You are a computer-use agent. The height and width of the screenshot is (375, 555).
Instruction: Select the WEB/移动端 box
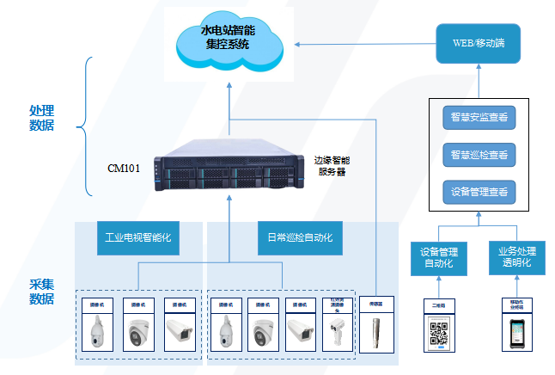478,42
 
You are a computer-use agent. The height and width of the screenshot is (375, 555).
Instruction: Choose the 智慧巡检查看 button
478,155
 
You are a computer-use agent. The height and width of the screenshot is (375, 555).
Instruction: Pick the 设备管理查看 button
478,192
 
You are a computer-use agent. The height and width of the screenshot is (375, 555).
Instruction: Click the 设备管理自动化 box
442,256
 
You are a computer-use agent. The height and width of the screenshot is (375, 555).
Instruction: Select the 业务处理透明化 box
515,256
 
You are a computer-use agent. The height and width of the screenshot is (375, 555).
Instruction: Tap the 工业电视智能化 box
138,237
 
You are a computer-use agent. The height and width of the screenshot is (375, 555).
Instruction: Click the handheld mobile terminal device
515,332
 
